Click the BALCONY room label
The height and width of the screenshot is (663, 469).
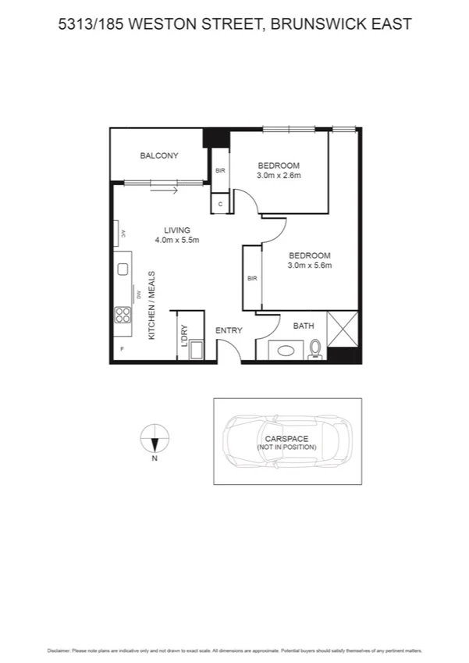[159, 155]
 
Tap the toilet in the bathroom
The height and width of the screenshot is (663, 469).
[314, 348]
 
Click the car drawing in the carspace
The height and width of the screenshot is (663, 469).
[287, 441]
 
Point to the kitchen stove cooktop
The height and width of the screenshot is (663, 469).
[123, 315]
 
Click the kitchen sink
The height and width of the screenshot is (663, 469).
[123, 269]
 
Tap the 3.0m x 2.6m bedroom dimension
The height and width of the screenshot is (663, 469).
[279, 176]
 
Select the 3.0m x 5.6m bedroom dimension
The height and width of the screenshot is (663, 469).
[310, 266]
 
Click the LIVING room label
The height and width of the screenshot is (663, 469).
[177, 230]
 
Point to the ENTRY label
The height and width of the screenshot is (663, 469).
[229, 330]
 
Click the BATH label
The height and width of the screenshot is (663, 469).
[304, 326]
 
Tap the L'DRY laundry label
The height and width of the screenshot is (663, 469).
[184, 334]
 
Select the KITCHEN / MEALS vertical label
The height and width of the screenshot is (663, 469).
[152, 305]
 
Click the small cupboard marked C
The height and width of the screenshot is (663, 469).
[221, 203]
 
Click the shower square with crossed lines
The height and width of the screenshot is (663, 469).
[343, 328]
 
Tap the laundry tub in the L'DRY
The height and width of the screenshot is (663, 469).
[196, 349]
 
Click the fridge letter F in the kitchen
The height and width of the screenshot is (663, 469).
[122, 348]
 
